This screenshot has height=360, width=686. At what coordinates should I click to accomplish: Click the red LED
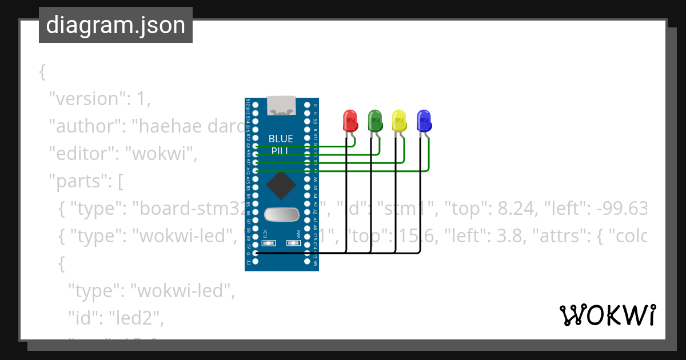point(350,120)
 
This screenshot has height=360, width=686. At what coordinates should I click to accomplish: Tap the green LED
point(375,120)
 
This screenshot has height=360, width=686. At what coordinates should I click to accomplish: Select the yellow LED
point(399,120)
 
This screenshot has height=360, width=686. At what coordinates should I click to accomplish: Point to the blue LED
point(424,120)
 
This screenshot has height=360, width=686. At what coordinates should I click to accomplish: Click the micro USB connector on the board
point(282,105)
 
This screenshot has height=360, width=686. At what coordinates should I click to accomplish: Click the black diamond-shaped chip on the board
point(281,185)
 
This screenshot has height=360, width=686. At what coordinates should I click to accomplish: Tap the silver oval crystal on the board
point(281,214)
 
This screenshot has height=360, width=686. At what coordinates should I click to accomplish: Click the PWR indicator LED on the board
point(294,243)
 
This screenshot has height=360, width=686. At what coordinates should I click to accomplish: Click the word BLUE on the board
point(281,139)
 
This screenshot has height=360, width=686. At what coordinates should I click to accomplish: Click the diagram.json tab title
point(115,25)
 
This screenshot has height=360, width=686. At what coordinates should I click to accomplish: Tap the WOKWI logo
point(607,315)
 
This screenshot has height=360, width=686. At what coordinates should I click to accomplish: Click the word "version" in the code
point(85,98)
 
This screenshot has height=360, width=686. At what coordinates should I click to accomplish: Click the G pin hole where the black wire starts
point(256,253)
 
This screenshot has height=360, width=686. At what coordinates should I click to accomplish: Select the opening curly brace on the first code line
point(42,72)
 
